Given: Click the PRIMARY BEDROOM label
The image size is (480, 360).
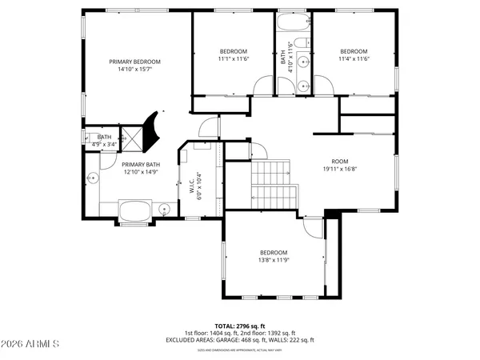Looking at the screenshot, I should click(135, 62).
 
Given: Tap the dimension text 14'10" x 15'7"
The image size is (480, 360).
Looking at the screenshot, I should click(135, 70).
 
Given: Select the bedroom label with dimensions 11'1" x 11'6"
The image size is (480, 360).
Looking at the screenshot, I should click(234, 50).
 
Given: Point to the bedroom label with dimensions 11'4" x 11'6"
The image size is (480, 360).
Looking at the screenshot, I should click(353, 50).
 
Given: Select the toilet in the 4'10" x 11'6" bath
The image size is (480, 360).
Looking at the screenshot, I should click(303, 83).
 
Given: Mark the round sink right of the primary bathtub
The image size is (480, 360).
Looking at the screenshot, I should click(165, 210).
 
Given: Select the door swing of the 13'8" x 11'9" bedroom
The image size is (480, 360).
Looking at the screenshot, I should click(314, 229).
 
